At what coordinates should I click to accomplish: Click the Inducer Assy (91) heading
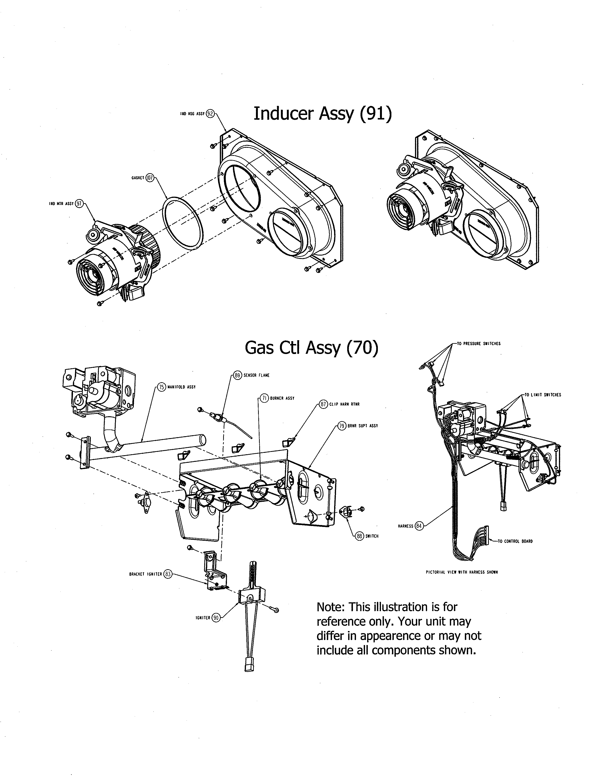click(x=322, y=114)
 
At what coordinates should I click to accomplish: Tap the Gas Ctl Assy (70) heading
click(x=311, y=348)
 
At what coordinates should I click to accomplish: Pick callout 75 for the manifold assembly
click(x=162, y=387)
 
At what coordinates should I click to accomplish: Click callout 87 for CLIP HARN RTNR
click(x=323, y=404)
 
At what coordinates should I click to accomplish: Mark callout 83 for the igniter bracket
click(x=168, y=574)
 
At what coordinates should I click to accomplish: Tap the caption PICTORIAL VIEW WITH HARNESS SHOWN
click(x=461, y=572)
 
